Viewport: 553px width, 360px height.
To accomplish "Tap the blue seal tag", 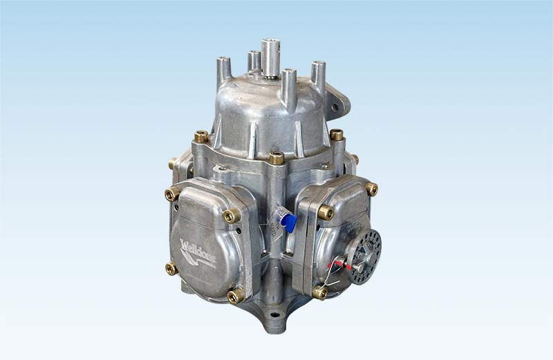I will (x=290, y=222).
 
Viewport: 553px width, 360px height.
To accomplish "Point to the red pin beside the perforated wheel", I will (x=344, y=263).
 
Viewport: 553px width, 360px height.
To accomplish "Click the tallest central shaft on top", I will (x=270, y=55).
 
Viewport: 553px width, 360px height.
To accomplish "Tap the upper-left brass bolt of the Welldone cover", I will (x=171, y=195).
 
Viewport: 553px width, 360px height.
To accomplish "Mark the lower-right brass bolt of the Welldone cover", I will (x=234, y=296).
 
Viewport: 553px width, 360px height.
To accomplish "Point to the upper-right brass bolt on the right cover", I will (x=371, y=189).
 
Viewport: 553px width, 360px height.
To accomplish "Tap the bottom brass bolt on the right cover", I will (x=319, y=292).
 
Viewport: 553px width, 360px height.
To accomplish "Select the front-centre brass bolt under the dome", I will (x=276, y=158).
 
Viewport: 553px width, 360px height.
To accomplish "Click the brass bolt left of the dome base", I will (x=201, y=137).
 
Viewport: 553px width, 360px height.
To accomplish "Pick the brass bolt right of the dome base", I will (x=337, y=135).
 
